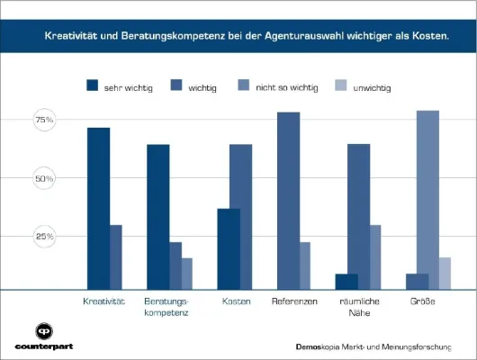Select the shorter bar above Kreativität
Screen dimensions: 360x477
coord(116,257)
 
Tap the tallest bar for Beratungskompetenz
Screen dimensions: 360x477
coord(158,217)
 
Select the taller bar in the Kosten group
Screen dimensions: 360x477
coord(240,217)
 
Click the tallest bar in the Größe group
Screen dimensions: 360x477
coord(428,200)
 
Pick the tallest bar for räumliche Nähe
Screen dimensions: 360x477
coord(358,217)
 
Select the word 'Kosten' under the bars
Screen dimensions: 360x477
coord(236,301)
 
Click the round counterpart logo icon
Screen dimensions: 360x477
coord(42,330)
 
